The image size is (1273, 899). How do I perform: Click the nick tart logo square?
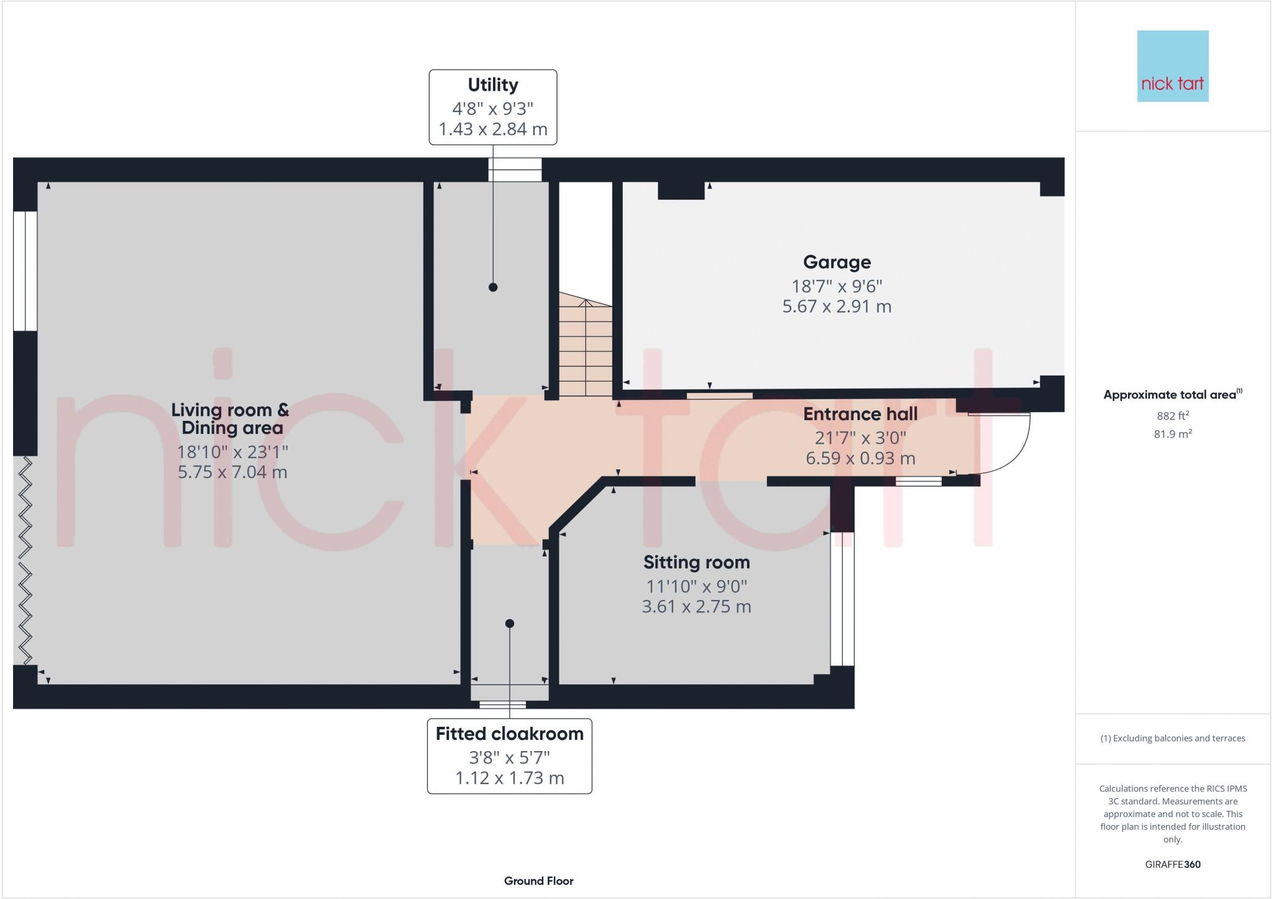click(x=1172, y=66)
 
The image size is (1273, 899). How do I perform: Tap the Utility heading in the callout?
click(x=492, y=85)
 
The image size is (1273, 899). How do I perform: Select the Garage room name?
click(x=837, y=262)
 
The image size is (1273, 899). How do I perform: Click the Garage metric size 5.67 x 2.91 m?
click(x=837, y=307)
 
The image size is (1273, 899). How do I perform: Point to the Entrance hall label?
click(x=860, y=414)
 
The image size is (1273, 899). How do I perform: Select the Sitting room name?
click(x=696, y=563)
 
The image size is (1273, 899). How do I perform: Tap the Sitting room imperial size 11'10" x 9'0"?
click(x=696, y=586)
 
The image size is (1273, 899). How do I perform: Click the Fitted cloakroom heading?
click(x=509, y=734)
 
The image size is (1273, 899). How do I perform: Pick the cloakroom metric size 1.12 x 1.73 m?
click(x=509, y=778)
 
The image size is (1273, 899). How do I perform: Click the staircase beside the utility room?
click(x=586, y=348)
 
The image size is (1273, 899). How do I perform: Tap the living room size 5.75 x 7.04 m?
click(x=232, y=473)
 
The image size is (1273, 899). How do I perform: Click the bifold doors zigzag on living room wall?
click(x=25, y=560)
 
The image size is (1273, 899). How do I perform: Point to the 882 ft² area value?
click(x=1172, y=416)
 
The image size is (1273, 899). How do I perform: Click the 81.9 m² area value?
click(x=1172, y=435)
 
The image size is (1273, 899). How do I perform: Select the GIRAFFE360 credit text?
click(x=1172, y=865)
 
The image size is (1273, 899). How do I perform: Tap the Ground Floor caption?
click(x=538, y=881)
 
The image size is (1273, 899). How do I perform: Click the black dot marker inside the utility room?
click(x=493, y=287)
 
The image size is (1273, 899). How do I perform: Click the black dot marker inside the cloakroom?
click(x=510, y=624)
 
